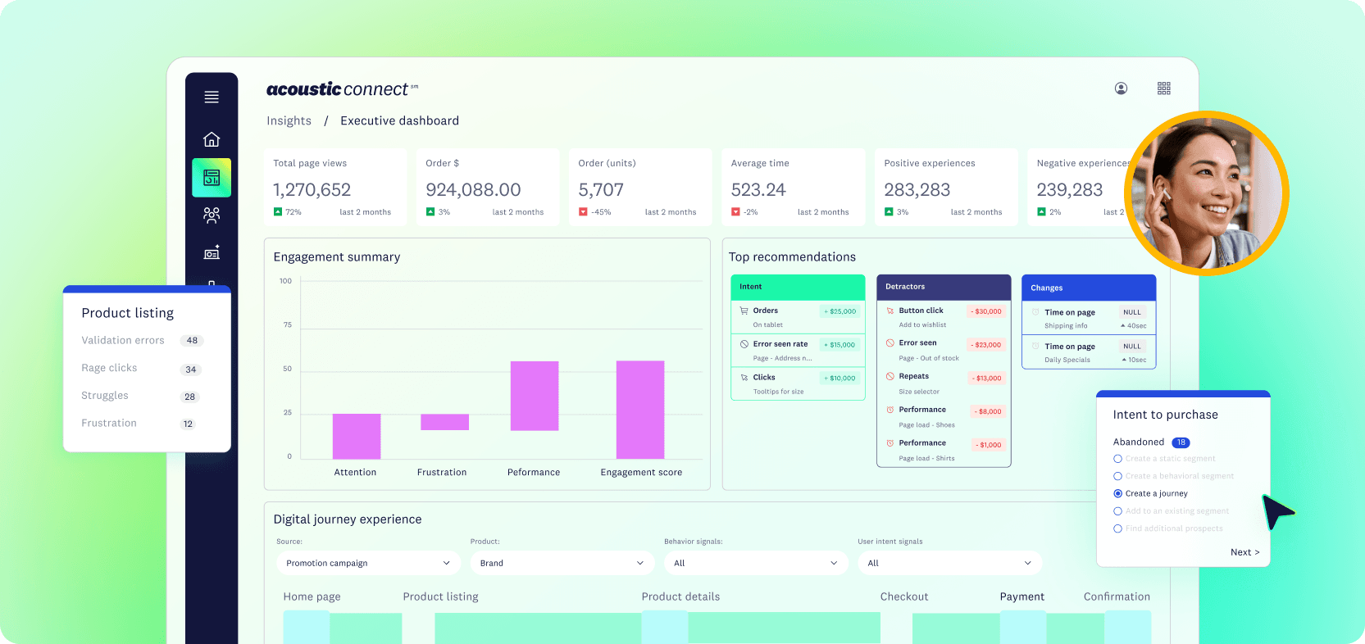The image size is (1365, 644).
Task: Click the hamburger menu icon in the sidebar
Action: (212, 97)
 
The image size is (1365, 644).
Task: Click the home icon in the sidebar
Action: (212, 139)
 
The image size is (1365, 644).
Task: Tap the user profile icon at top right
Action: (1121, 88)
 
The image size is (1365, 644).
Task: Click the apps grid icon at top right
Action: (1163, 88)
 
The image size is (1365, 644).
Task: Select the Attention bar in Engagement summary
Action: (357, 436)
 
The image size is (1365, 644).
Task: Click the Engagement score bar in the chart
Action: (640, 410)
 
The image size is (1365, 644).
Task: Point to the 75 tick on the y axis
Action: (288, 325)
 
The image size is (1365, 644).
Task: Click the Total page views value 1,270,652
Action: (312, 190)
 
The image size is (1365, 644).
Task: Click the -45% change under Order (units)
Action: (601, 212)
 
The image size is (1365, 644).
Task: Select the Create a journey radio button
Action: (1117, 493)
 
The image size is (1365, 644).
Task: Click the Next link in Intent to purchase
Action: (1244, 552)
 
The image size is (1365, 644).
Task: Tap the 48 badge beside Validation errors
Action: (192, 341)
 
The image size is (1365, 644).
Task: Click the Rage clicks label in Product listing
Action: (109, 368)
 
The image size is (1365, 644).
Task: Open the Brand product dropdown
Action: (562, 563)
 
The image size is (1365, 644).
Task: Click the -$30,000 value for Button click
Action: (987, 311)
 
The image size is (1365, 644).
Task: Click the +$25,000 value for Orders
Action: (840, 311)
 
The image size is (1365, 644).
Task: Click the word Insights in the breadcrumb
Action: (289, 120)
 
